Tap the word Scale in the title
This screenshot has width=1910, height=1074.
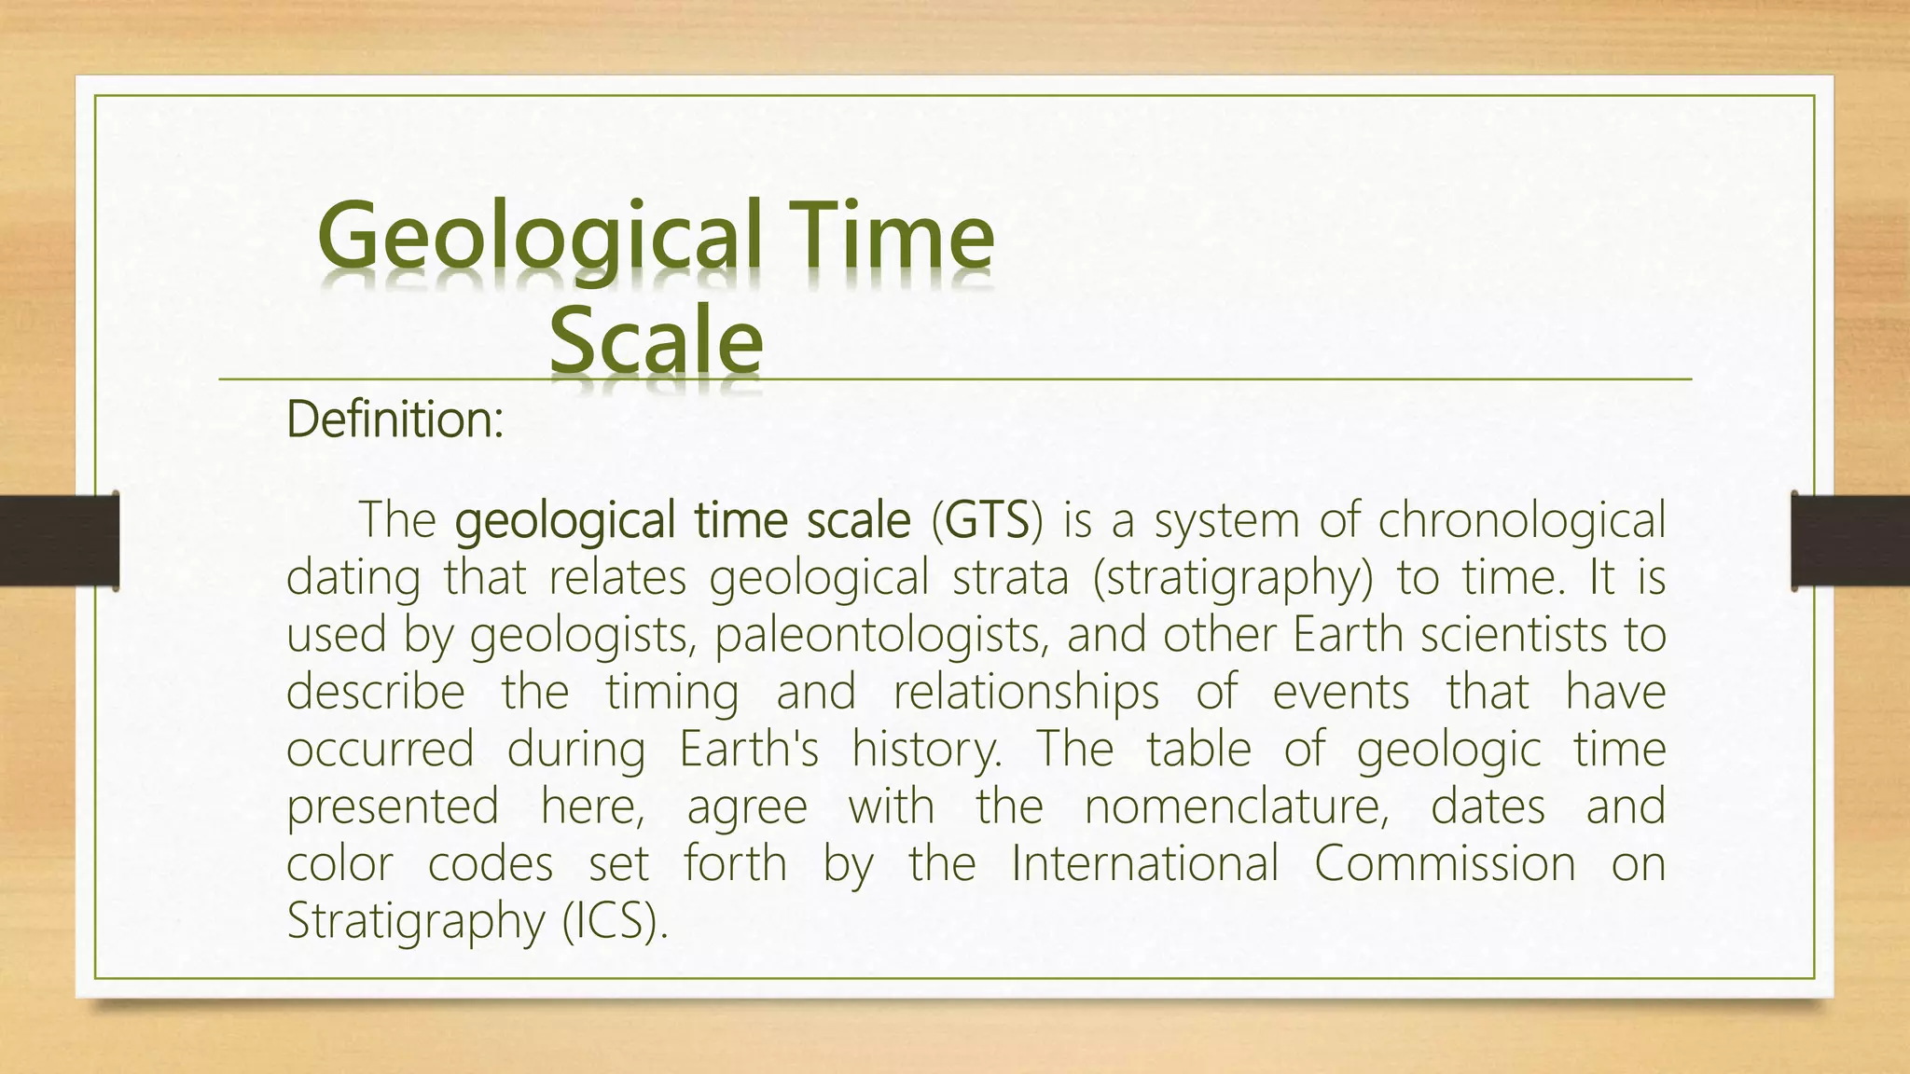(656, 340)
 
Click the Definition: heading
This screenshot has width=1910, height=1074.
(394, 420)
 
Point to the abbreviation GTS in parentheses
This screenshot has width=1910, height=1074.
(987, 520)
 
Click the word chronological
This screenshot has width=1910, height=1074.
(1521, 520)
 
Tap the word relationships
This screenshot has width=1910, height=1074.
(1026, 692)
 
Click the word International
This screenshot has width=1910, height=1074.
(1144, 863)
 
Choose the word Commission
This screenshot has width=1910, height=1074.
(1445, 863)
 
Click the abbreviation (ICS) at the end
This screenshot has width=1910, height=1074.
(616, 921)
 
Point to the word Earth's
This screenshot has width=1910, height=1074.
(749, 749)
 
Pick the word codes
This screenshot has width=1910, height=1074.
(491, 863)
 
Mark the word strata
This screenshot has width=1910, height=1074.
(1010, 577)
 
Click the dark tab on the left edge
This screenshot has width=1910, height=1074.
(59, 541)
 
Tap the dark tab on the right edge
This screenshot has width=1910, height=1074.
(1850, 541)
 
